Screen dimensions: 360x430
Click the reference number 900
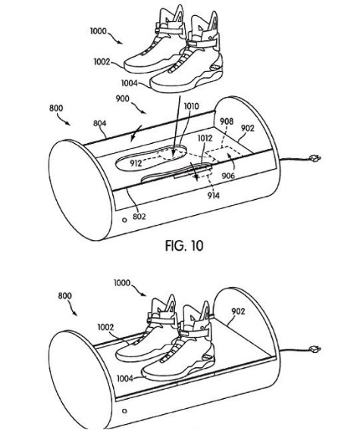pyautogui.click(x=123, y=98)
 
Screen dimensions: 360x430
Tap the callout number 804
pyautogui.click(x=100, y=123)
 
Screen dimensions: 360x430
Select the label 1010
pyautogui.click(x=191, y=107)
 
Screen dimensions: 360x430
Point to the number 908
pyautogui.click(x=227, y=121)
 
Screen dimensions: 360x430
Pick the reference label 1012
pyautogui.click(x=205, y=139)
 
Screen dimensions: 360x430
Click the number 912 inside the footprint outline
pyautogui.click(x=136, y=164)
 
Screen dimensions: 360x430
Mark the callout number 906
pyautogui.click(x=228, y=176)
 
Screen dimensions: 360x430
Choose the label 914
pyautogui.click(x=214, y=195)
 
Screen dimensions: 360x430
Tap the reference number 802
pyautogui.click(x=139, y=217)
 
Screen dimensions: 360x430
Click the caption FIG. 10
pyautogui.click(x=184, y=246)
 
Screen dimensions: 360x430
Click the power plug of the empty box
pyautogui.click(x=315, y=158)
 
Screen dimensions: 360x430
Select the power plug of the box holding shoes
pyautogui.click(x=315, y=350)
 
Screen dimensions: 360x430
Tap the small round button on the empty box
pyautogui.click(x=124, y=220)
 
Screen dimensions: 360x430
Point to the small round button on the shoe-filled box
pyautogui.click(x=124, y=411)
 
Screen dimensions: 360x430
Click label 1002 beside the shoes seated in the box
pyautogui.click(x=105, y=328)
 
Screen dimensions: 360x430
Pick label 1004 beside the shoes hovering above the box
pyautogui.click(x=130, y=83)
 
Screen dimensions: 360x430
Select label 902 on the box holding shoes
pyautogui.click(x=238, y=312)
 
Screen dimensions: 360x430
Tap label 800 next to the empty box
pyautogui.click(x=56, y=108)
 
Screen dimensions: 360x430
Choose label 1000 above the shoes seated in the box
pyautogui.click(x=122, y=282)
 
